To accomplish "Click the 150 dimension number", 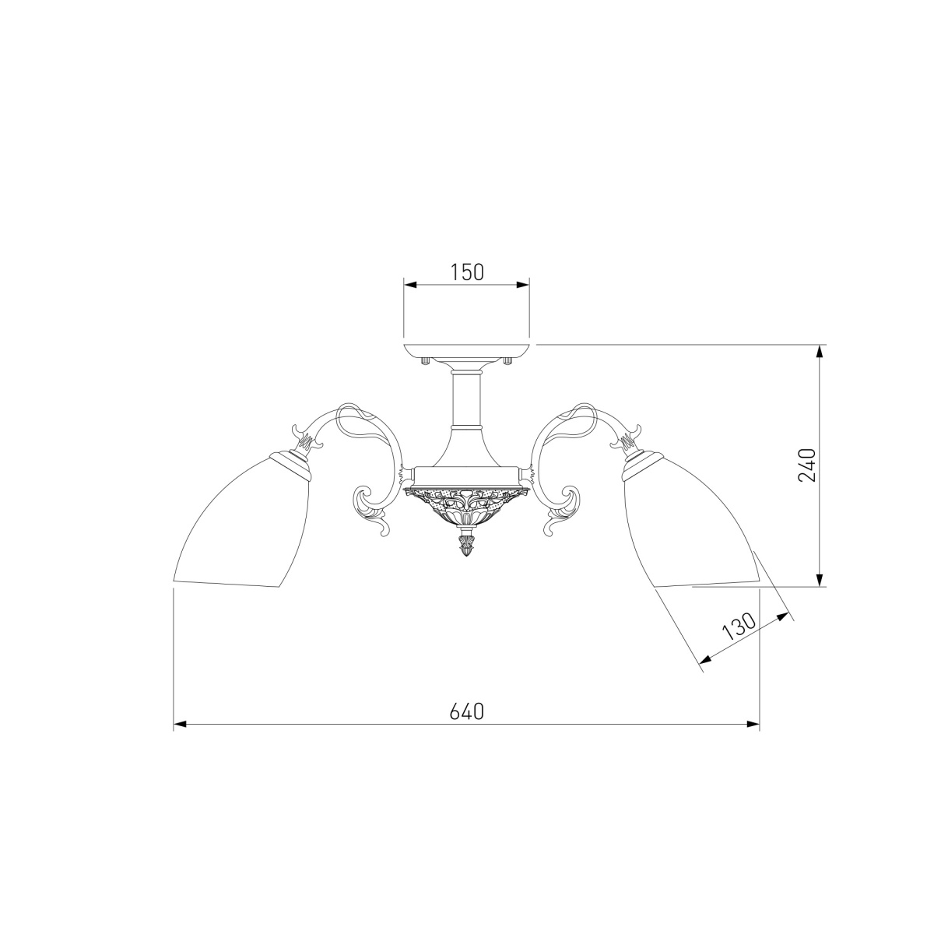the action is [x=467, y=272].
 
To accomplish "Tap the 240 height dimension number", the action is [x=807, y=465].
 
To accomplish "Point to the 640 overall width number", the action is [x=467, y=711].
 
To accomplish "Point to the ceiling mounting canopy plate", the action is [x=467, y=352].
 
